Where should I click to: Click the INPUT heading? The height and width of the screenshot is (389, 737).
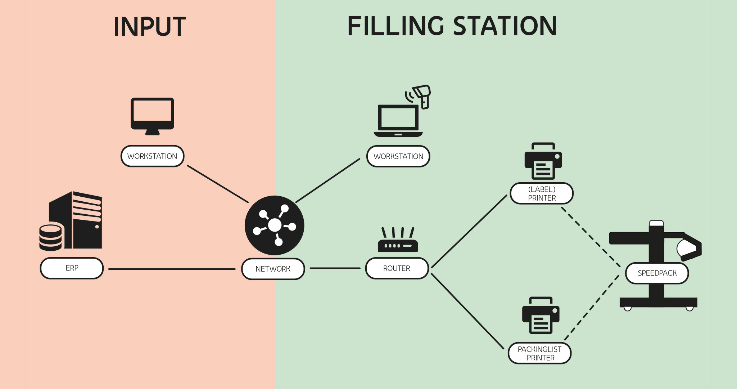point(149,27)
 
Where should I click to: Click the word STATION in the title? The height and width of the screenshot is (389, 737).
point(505,26)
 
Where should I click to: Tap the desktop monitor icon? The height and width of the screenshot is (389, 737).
point(152,115)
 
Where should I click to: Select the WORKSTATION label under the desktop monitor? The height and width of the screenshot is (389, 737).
point(152,156)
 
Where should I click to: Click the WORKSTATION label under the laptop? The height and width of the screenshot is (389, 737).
point(398,156)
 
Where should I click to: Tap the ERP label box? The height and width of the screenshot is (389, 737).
point(72,268)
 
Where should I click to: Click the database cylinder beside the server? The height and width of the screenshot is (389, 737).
point(50,238)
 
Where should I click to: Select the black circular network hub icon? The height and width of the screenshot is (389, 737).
point(275,225)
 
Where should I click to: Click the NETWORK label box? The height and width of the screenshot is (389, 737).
point(273,269)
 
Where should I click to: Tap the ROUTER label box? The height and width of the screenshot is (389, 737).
point(397,268)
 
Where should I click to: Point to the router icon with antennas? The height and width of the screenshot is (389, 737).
point(398,241)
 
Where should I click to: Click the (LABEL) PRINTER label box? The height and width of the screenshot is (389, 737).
point(542,193)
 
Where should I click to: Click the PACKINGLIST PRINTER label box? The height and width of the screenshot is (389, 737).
point(539,353)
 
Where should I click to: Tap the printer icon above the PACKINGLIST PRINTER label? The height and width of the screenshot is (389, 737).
point(541,316)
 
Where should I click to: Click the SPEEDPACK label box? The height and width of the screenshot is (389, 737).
point(657,273)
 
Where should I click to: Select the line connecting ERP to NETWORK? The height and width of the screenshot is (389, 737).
point(172,269)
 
